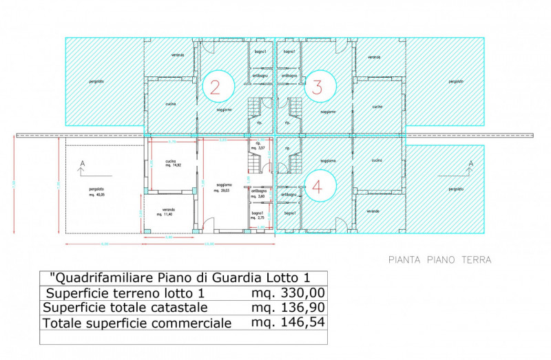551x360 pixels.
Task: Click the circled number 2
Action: (x=215, y=87)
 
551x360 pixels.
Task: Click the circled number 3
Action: (x=318, y=87)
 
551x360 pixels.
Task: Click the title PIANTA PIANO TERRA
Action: (x=439, y=260)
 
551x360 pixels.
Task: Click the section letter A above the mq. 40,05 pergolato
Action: (x=83, y=163)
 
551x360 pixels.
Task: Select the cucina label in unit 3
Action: (x=377, y=107)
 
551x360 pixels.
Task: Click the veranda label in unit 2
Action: (x=178, y=54)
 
